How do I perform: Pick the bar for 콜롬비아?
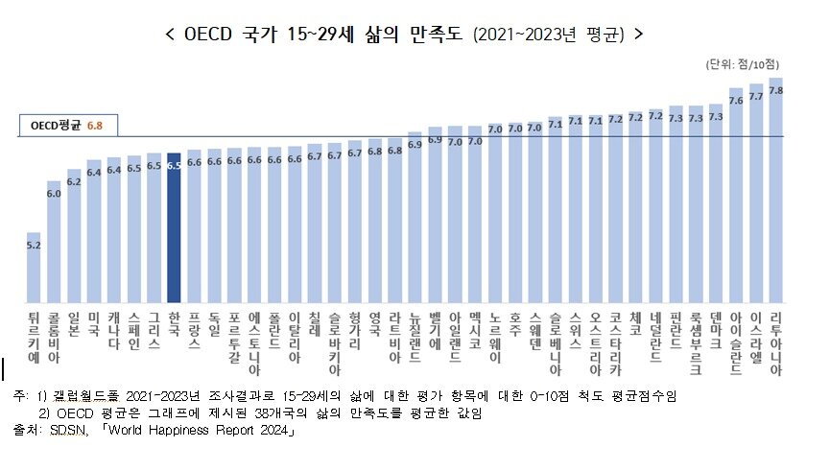54,240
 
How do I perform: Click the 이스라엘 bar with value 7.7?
756,192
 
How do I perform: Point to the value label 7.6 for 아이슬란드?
736,99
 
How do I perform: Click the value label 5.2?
34,245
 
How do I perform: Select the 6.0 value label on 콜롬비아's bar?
54,193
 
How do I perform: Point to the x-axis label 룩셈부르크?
696,342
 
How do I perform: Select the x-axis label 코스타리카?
615,342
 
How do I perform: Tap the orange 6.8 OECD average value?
94,125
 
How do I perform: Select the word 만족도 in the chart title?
439,35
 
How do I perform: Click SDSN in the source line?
65,431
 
